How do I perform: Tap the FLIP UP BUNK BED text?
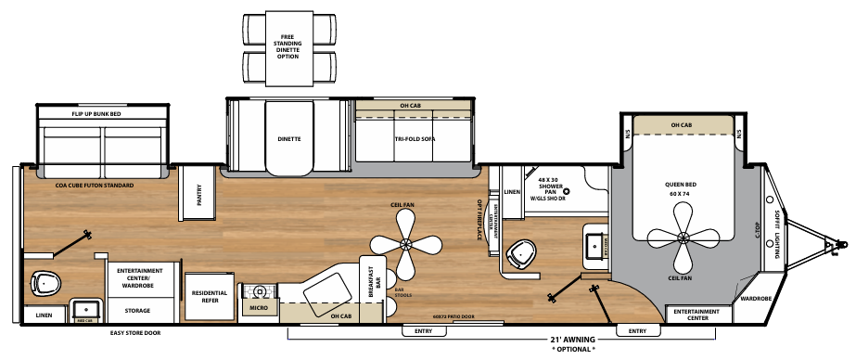point(98,112)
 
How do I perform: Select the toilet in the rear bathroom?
point(45,280)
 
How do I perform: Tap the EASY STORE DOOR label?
point(135,331)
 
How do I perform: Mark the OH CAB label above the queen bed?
point(681,125)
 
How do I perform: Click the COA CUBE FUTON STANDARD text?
point(94,186)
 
